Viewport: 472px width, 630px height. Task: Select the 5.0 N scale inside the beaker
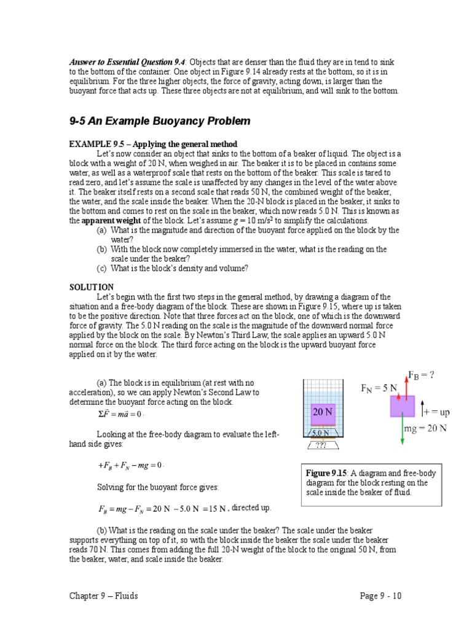(322, 433)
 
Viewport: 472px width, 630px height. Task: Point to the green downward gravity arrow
(402, 431)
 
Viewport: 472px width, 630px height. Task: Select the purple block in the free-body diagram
(402, 406)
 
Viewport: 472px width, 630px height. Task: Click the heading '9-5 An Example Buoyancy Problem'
(160, 121)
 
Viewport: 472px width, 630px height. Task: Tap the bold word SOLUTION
(91, 287)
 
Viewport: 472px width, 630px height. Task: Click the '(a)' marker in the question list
(101, 230)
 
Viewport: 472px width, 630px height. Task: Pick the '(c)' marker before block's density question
(101, 268)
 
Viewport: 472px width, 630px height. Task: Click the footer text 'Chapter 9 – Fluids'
(103, 596)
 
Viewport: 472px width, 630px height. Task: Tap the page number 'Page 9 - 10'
(381, 596)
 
